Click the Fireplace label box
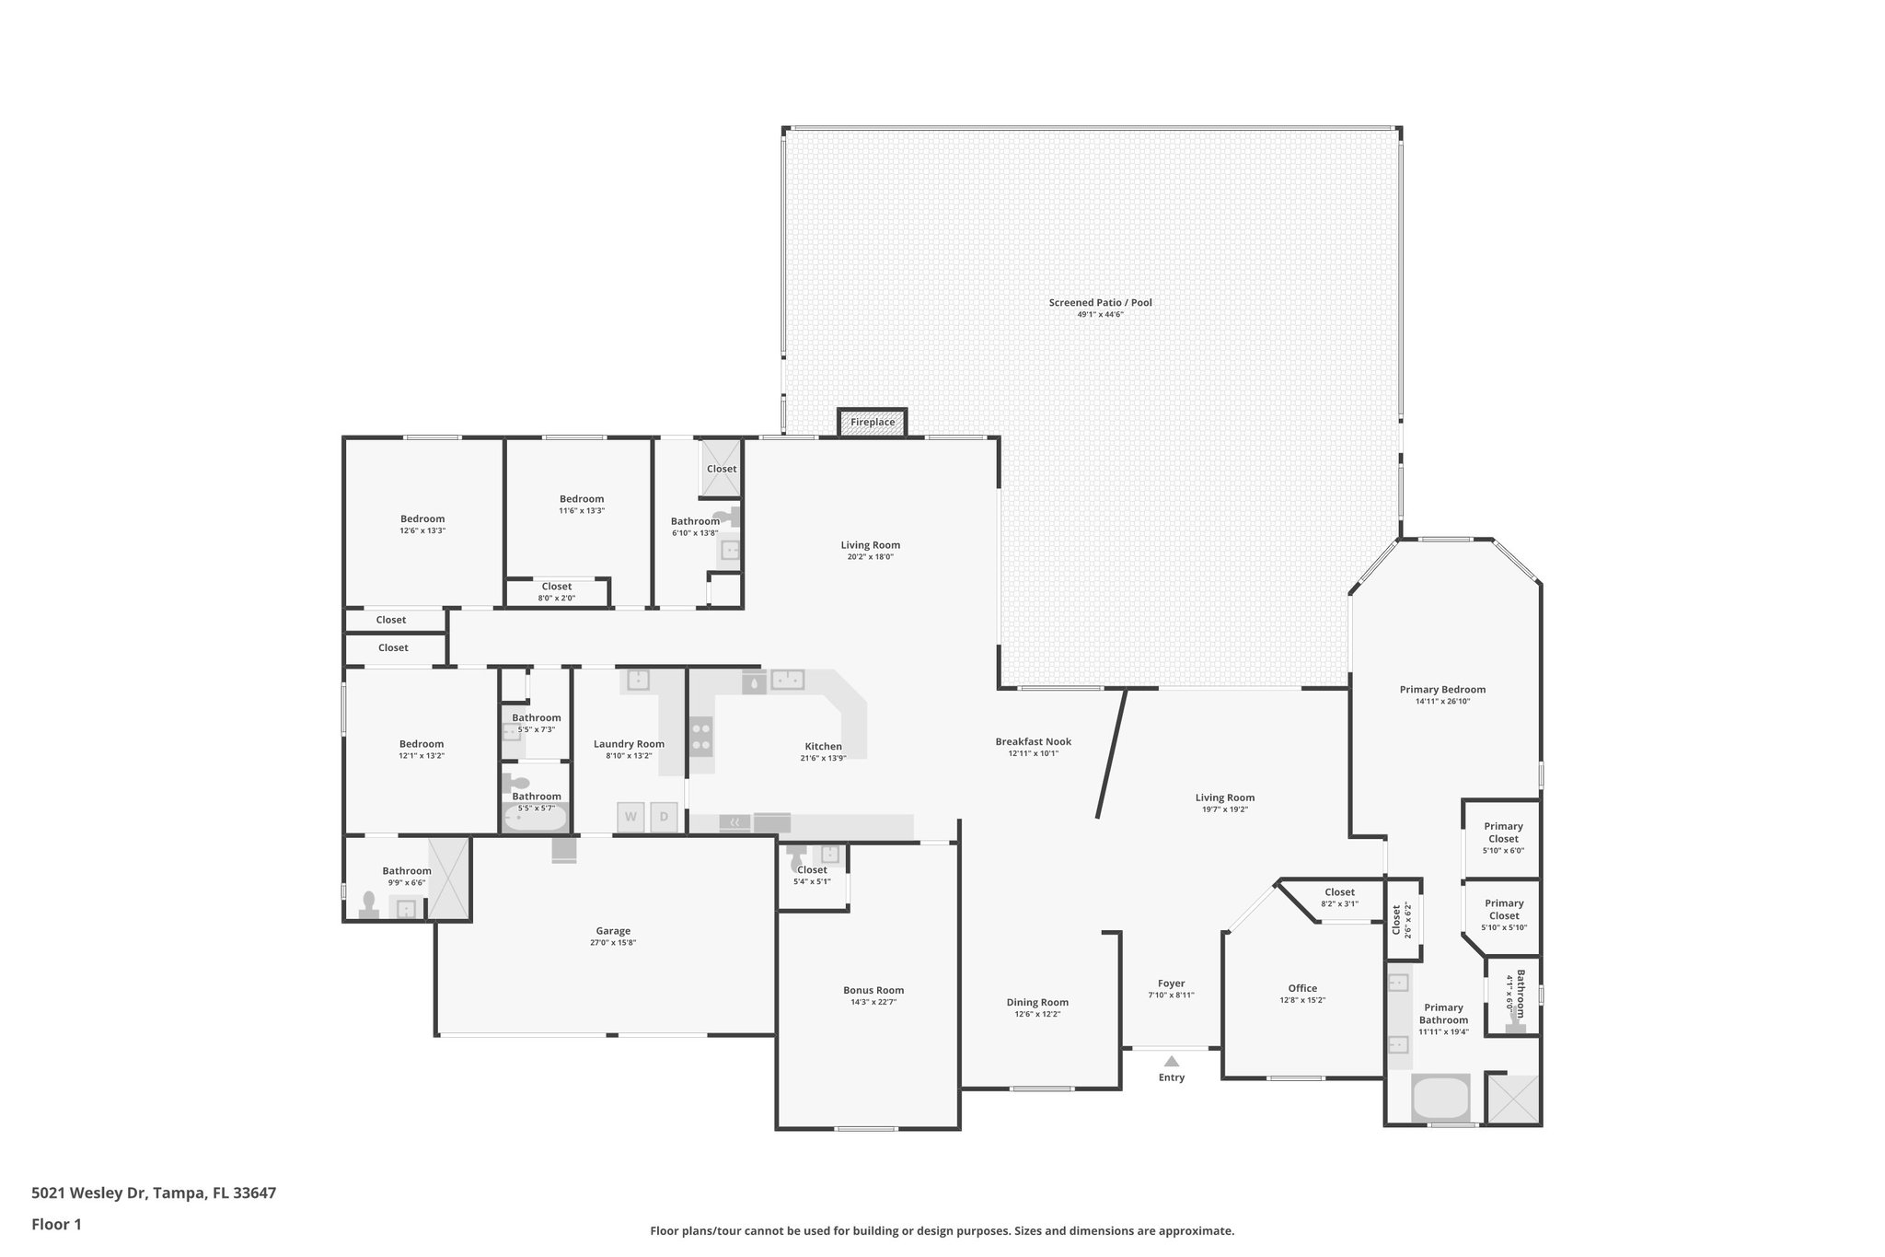point(872,423)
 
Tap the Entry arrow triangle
point(1172,1062)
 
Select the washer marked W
point(630,817)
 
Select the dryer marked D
point(664,817)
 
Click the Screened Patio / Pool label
point(1100,303)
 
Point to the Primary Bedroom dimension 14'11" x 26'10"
point(1442,702)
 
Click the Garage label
point(613,931)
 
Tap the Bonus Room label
point(873,991)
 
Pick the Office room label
point(1302,988)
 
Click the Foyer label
point(1171,983)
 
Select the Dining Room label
point(1036,1003)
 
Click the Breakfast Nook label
point(1033,742)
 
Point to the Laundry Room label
point(629,744)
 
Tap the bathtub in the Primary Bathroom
point(1440,1099)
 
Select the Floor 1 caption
point(56,1225)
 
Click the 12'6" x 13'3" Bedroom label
point(422,519)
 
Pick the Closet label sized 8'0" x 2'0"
point(556,588)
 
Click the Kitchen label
point(823,747)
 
